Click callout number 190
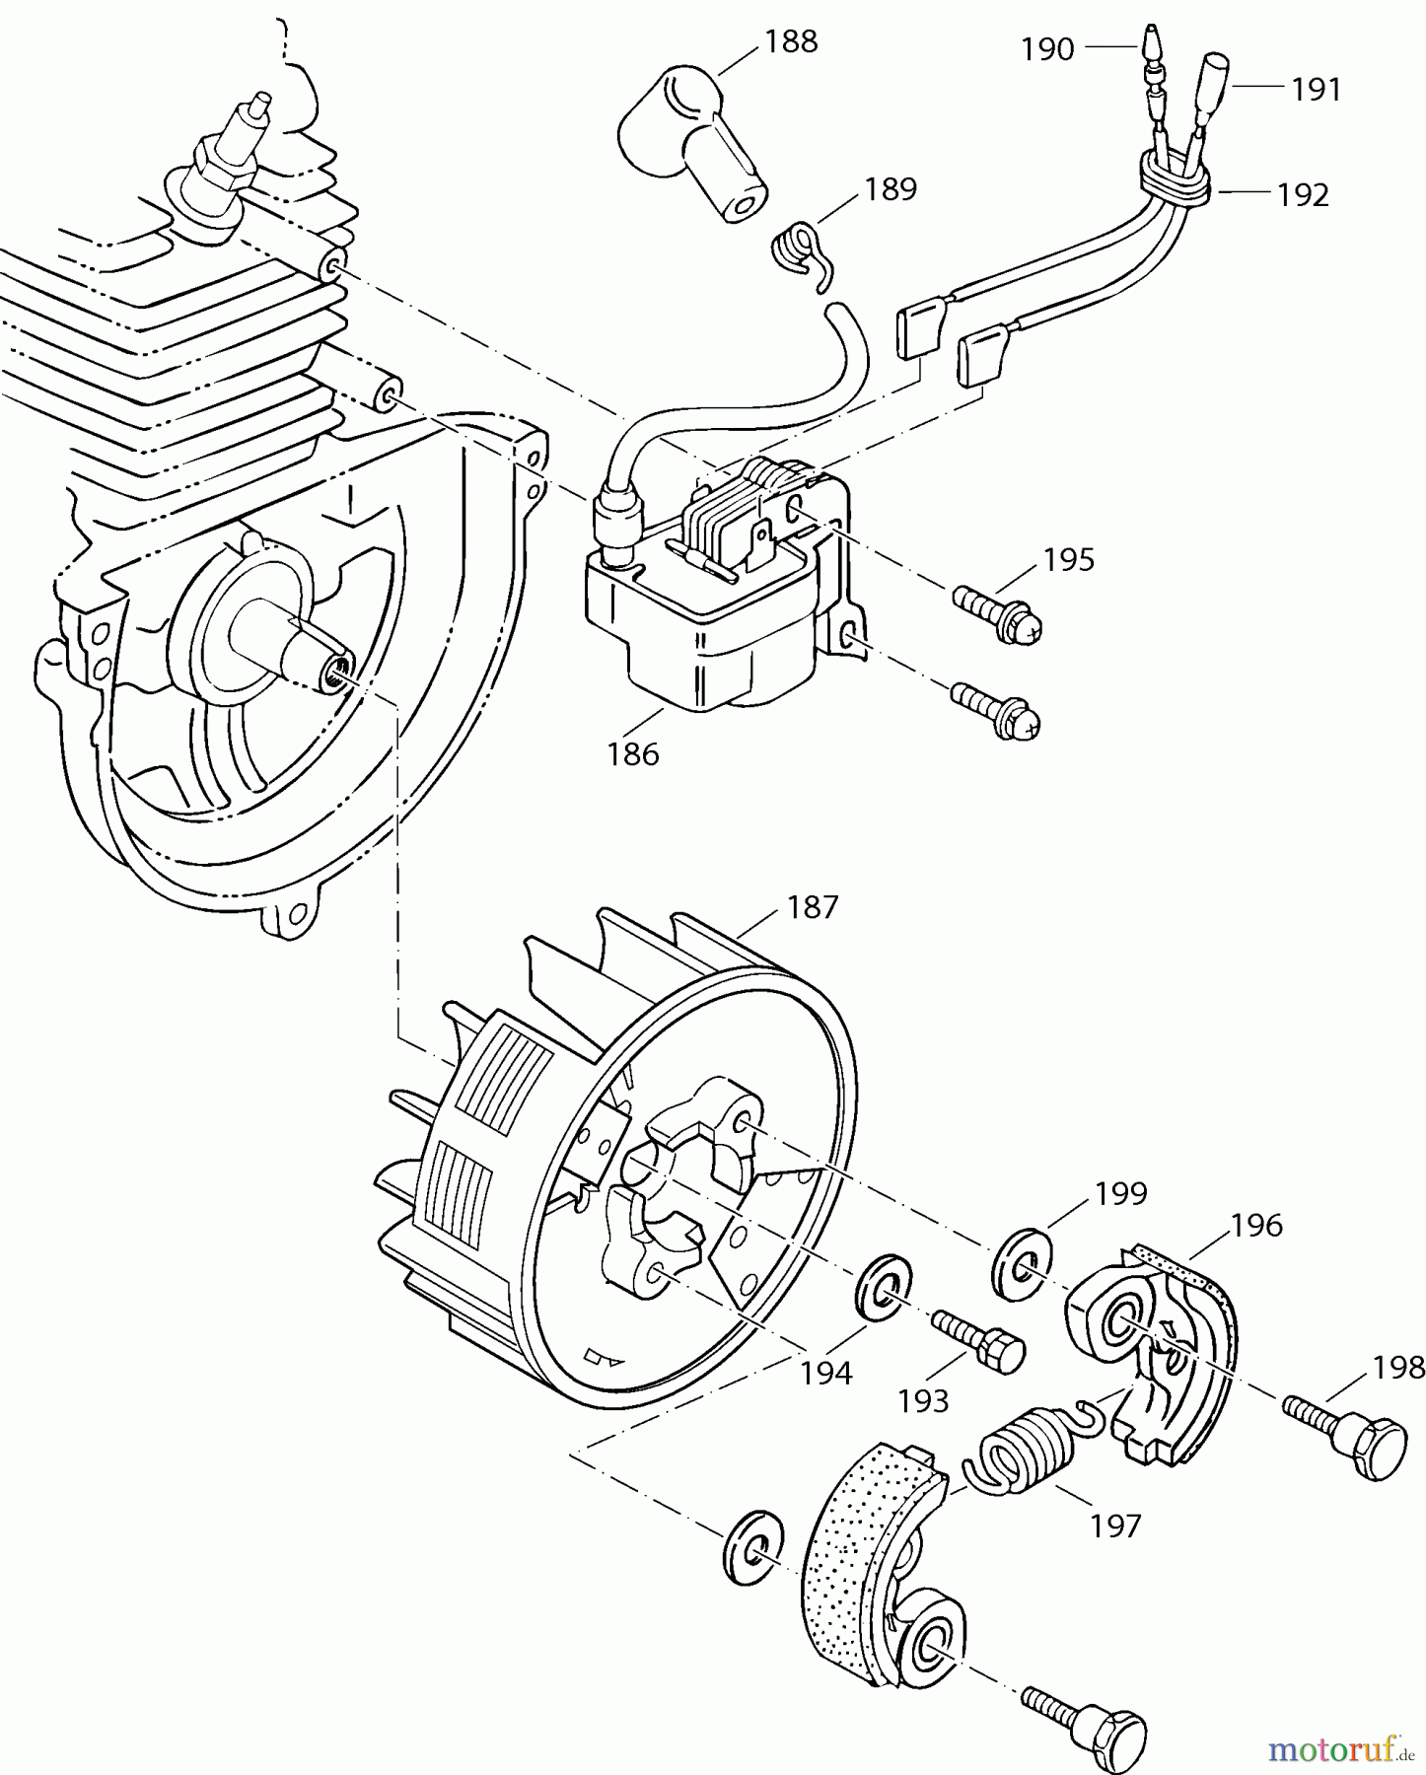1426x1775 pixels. click(x=1046, y=48)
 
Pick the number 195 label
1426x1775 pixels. click(x=1069, y=559)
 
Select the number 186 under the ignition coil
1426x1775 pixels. click(x=632, y=754)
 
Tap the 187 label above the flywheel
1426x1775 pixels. click(x=813, y=906)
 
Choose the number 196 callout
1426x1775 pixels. click(x=1255, y=1226)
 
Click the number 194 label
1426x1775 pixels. click(x=825, y=1372)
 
